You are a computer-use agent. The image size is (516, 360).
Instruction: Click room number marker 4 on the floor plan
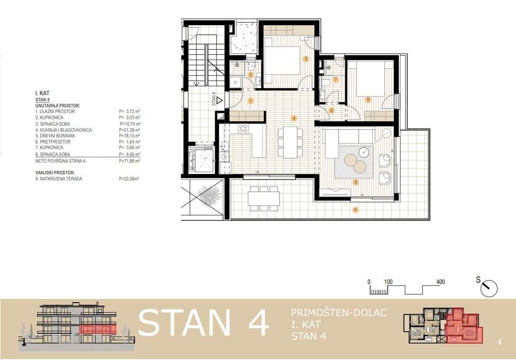pos(294,118)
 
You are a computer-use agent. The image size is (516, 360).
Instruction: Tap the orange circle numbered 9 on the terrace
pos(356,210)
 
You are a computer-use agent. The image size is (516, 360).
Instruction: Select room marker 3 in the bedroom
pos(306,59)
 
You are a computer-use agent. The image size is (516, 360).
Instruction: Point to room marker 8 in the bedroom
pos(368,100)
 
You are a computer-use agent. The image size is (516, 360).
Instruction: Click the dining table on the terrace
pos(264,198)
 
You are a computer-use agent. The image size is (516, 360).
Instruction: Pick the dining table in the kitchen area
pos(290,143)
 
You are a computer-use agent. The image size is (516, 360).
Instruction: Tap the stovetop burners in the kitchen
pos(244,129)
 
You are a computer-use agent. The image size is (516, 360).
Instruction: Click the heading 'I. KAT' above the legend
pos(42,93)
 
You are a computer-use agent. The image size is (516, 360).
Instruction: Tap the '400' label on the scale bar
pos(441,282)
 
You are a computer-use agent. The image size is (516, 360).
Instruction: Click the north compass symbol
pos(489,288)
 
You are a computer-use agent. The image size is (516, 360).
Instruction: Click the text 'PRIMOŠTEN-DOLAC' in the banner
pos(339,313)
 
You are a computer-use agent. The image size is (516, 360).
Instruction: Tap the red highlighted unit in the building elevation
pos(98,329)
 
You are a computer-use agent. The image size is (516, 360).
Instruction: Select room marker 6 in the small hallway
pos(331,110)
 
